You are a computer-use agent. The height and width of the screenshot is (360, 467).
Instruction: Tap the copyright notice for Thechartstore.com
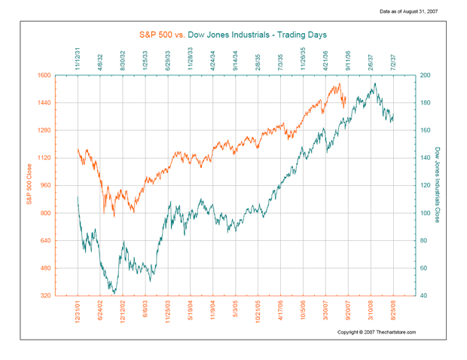tap(376, 332)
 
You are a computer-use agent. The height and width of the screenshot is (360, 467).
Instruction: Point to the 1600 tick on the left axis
tap(63, 75)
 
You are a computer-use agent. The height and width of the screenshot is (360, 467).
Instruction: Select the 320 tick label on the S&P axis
tap(65, 295)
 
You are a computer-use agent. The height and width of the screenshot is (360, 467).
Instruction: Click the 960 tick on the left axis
tap(65, 185)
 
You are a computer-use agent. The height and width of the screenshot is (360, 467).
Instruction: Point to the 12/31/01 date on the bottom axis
tap(78, 313)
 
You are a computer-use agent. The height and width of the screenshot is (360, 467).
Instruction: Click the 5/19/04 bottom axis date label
tap(191, 313)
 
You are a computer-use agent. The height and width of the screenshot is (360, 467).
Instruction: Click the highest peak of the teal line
tap(375, 84)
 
